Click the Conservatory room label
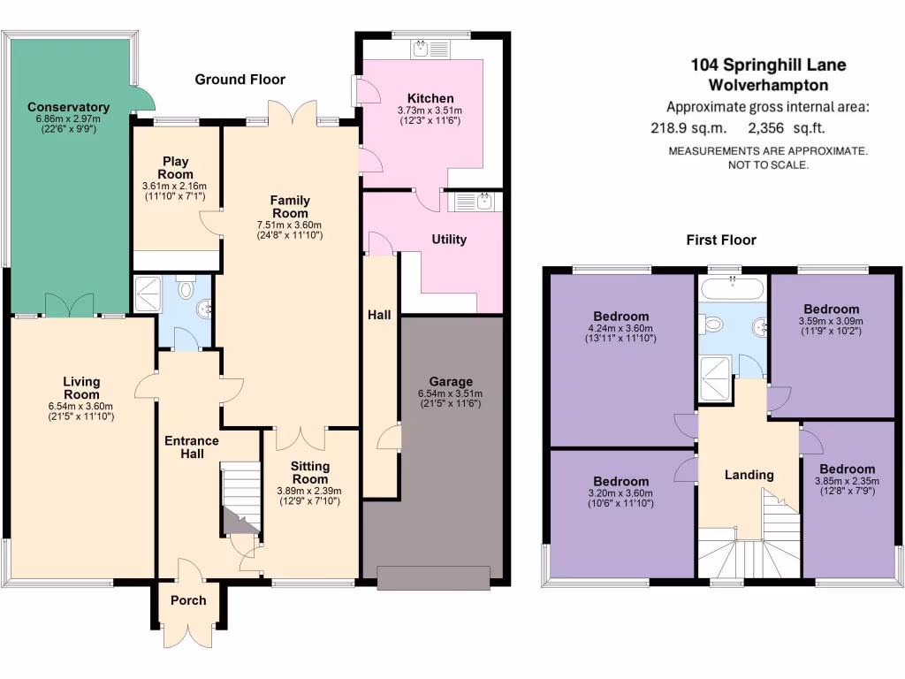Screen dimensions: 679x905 point(68,107)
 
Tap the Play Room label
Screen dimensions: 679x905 point(177,167)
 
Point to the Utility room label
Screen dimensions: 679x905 point(449,239)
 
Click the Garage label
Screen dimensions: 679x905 point(451,382)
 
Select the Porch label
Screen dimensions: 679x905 point(187,600)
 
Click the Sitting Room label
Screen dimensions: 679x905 point(309,472)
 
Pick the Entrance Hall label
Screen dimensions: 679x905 point(192,446)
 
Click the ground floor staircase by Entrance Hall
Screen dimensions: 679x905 point(240,500)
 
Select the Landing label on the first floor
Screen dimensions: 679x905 point(749,475)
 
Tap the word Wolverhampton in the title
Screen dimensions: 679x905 point(768,86)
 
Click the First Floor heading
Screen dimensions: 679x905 point(721,240)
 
